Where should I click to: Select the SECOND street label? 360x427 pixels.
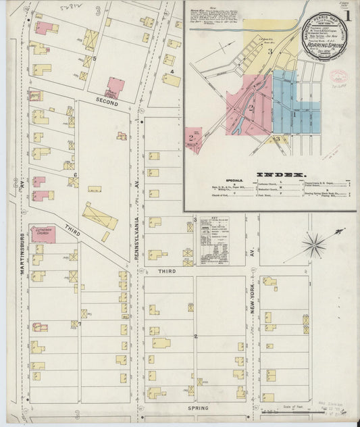(x=106, y=101)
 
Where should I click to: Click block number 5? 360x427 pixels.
(x=95, y=58)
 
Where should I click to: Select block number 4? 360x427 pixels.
(x=172, y=71)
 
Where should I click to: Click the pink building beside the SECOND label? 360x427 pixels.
(x=115, y=86)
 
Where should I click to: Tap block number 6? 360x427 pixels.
(x=75, y=175)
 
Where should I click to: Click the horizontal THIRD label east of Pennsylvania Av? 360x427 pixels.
(x=167, y=270)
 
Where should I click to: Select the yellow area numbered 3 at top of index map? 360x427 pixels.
(x=269, y=51)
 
